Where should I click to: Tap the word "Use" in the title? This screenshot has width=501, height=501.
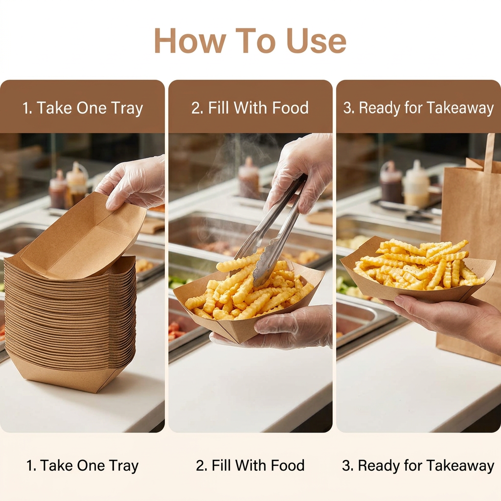pyautogui.click(x=317, y=41)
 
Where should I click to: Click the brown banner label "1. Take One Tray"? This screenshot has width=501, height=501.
pyautogui.click(x=82, y=108)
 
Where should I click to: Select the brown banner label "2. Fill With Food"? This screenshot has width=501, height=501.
pyautogui.click(x=250, y=108)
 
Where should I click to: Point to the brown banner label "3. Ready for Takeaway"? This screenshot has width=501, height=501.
pyautogui.click(x=419, y=108)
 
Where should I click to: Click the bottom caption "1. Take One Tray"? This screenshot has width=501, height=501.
pyautogui.click(x=82, y=466)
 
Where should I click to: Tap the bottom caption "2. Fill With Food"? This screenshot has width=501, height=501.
pyautogui.click(x=250, y=465)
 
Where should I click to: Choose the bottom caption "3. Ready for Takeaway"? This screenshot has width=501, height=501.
pyautogui.click(x=418, y=466)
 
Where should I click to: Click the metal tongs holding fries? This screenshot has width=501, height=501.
pyautogui.click(x=272, y=230)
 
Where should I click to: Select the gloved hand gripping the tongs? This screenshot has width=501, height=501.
pyautogui.click(x=299, y=173)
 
